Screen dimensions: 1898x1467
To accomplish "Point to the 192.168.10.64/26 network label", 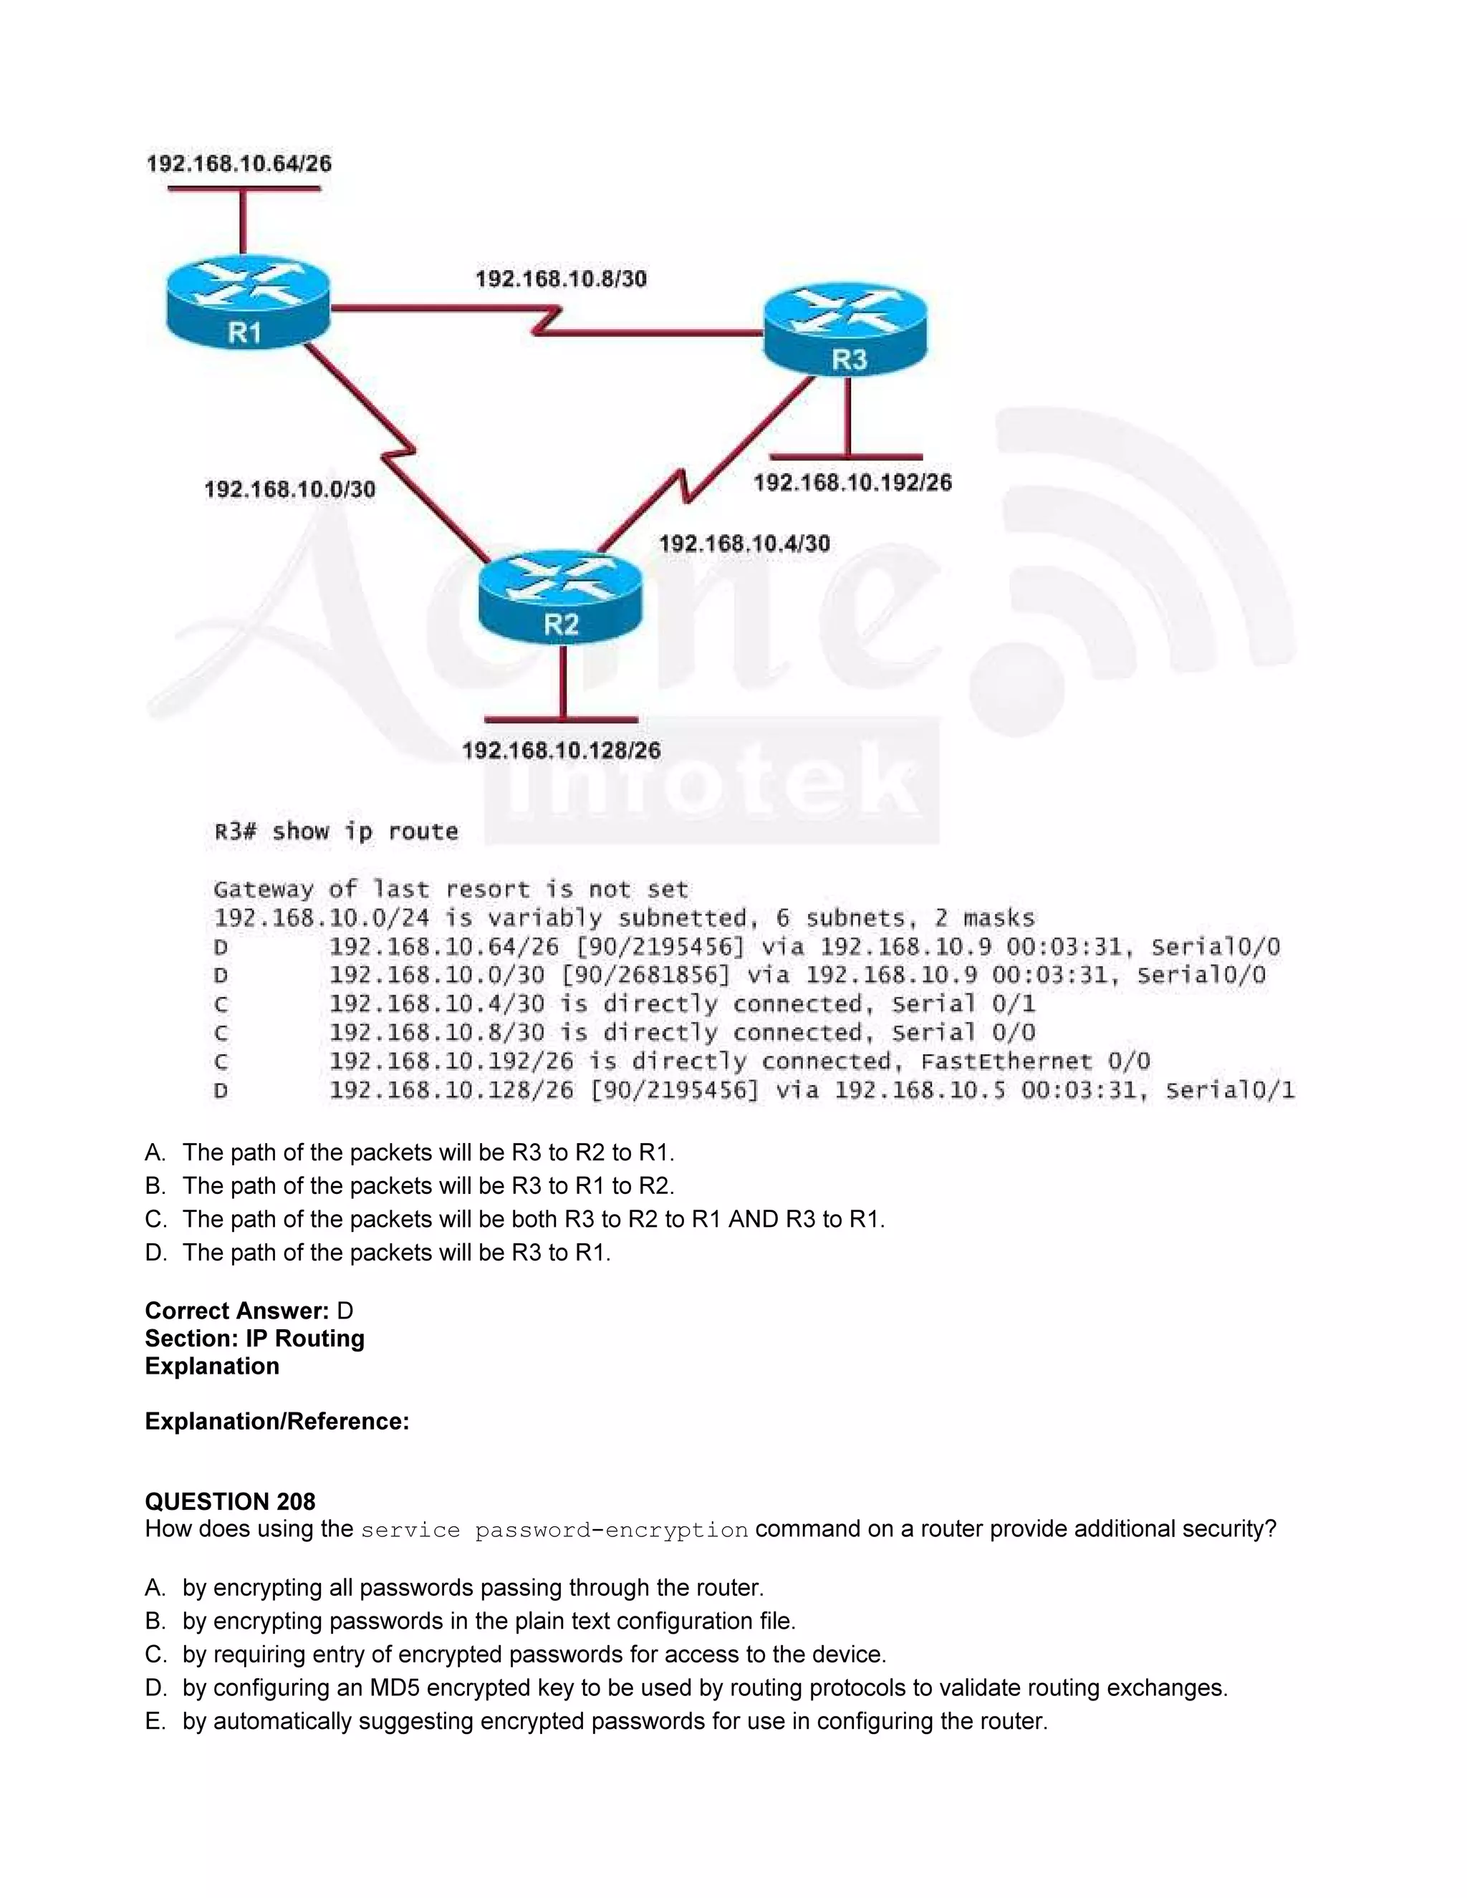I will click(239, 164).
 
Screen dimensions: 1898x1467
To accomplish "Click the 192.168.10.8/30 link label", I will click(561, 279).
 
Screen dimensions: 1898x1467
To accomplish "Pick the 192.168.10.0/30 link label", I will click(289, 489).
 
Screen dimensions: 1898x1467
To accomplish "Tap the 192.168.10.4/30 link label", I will click(744, 544).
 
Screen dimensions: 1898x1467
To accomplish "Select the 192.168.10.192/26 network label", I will click(852, 482).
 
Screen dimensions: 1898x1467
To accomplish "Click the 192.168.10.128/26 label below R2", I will click(561, 750).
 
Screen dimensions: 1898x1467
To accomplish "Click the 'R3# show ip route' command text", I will click(335, 832).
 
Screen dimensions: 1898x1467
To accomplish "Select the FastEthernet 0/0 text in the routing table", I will click(1034, 1061).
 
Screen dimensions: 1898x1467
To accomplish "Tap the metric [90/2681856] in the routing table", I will click(645, 975).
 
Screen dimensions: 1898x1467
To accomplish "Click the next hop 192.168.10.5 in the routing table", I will click(920, 1090).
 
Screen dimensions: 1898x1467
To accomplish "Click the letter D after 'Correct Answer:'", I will click(345, 1311).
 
